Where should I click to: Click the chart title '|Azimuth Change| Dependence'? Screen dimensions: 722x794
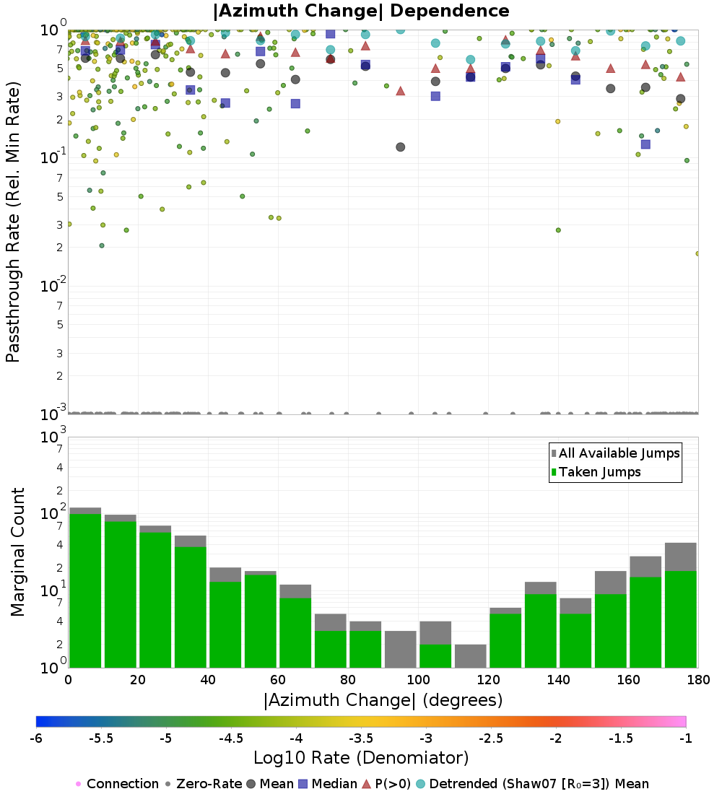pos(361,11)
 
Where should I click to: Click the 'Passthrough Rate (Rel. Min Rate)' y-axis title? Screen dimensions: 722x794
pos(13,222)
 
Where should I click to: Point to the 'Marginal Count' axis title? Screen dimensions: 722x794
pos(18,552)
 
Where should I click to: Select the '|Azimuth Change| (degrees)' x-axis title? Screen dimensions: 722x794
pos(383,700)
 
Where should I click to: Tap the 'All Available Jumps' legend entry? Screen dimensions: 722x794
pos(614,453)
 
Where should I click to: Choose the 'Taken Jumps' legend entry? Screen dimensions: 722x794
pos(596,472)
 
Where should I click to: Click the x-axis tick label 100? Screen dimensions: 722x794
pos(418,679)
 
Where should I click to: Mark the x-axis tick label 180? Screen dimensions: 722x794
pos(698,679)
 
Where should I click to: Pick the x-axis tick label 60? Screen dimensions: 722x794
pos(278,679)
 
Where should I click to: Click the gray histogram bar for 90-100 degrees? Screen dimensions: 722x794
pos(400,649)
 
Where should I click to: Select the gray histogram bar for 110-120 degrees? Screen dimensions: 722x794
pos(470,655)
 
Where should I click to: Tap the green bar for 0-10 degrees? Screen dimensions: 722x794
pos(85,590)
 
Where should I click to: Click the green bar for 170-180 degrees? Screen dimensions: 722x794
pos(680,619)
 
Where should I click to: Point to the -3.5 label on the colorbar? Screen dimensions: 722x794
pos(361,738)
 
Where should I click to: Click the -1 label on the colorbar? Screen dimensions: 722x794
pos(685,738)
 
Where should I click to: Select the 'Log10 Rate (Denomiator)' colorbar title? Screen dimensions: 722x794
pos(361,758)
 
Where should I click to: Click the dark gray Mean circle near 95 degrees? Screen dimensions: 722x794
pos(400,147)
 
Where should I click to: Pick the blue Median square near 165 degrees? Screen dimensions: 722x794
pos(645,144)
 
